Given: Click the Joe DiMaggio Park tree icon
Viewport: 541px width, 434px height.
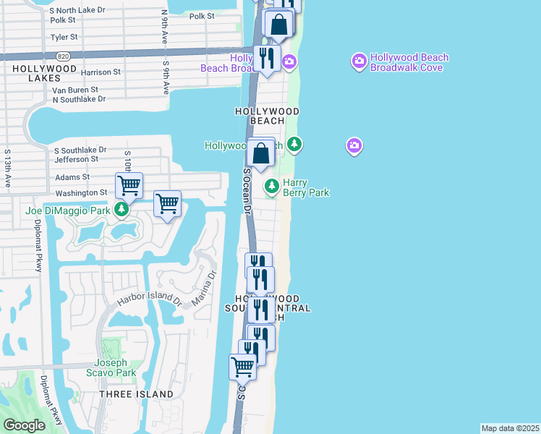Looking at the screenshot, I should coord(122,210).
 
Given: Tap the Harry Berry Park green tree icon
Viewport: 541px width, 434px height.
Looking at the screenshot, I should coord(272,187).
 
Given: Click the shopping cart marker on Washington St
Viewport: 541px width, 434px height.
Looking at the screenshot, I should coord(129,185).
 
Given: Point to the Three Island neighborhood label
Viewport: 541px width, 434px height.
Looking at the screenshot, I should coord(137,394).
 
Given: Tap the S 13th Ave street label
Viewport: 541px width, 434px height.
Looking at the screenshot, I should coord(9,169).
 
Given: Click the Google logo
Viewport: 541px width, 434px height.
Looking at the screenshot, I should coord(24,425).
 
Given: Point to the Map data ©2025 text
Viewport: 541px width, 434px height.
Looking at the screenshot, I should coord(510,428).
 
